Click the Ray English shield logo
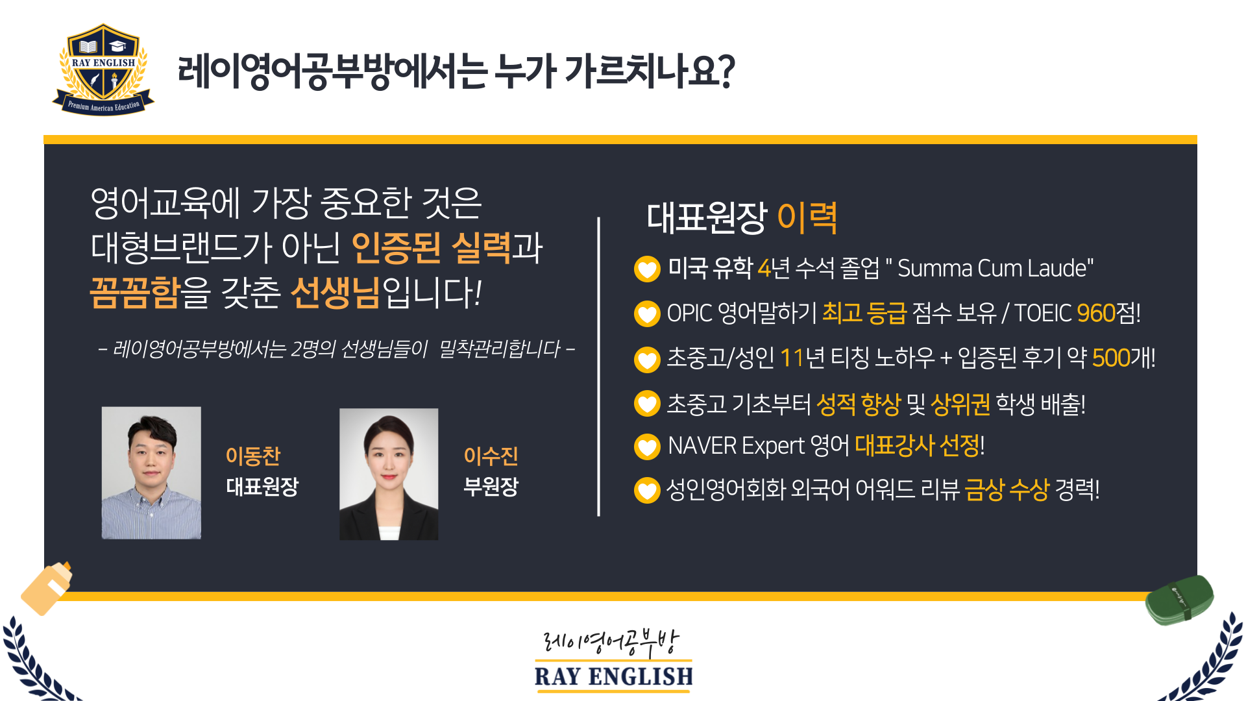point(103,70)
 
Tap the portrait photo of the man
point(151,473)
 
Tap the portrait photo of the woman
point(389,474)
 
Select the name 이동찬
point(253,456)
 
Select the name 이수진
point(491,456)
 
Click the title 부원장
point(491,486)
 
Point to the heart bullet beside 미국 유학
point(647,269)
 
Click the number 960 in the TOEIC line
point(1095,314)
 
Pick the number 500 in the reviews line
point(1111,358)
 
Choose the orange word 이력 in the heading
point(807,217)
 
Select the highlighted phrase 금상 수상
point(1007,490)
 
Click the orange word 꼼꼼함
point(134,293)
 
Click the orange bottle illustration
point(47,588)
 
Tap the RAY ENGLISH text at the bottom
point(613,676)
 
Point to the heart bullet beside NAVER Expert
point(647,447)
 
